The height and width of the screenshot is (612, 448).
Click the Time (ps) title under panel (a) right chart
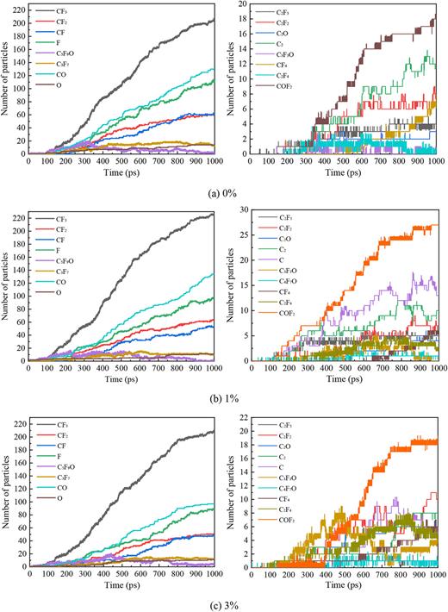pyautogui.click(x=345, y=170)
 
